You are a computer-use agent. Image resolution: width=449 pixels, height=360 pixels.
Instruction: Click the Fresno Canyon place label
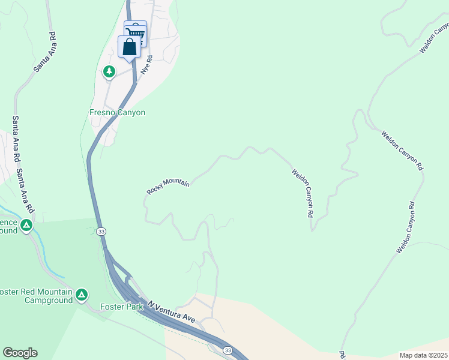pos(118,112)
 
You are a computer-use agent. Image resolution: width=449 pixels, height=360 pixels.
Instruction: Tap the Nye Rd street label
pos(145,65)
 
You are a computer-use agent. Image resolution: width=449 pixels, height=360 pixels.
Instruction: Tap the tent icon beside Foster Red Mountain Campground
pos(82,295)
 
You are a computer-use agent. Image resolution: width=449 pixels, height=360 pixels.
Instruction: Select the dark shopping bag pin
pos(130,47)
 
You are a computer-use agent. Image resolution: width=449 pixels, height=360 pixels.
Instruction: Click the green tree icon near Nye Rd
pos(109,72)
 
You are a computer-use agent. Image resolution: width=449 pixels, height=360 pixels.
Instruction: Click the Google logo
pos(20,353)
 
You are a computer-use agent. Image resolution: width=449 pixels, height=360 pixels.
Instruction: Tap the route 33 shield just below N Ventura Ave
pos(228,350)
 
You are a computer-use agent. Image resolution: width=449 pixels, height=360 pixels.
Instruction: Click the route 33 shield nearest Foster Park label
pos(101,232)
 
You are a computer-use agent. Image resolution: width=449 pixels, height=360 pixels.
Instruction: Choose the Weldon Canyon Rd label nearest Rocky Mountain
pos(303,193)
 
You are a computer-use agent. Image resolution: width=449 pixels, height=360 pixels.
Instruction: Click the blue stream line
pos(42,252)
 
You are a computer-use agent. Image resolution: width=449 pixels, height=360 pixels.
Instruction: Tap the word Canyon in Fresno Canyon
pos(131,112)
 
